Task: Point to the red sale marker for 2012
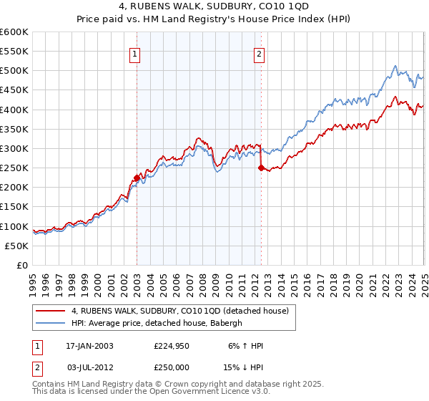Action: [260, 168]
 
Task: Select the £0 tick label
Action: [21, 265]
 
